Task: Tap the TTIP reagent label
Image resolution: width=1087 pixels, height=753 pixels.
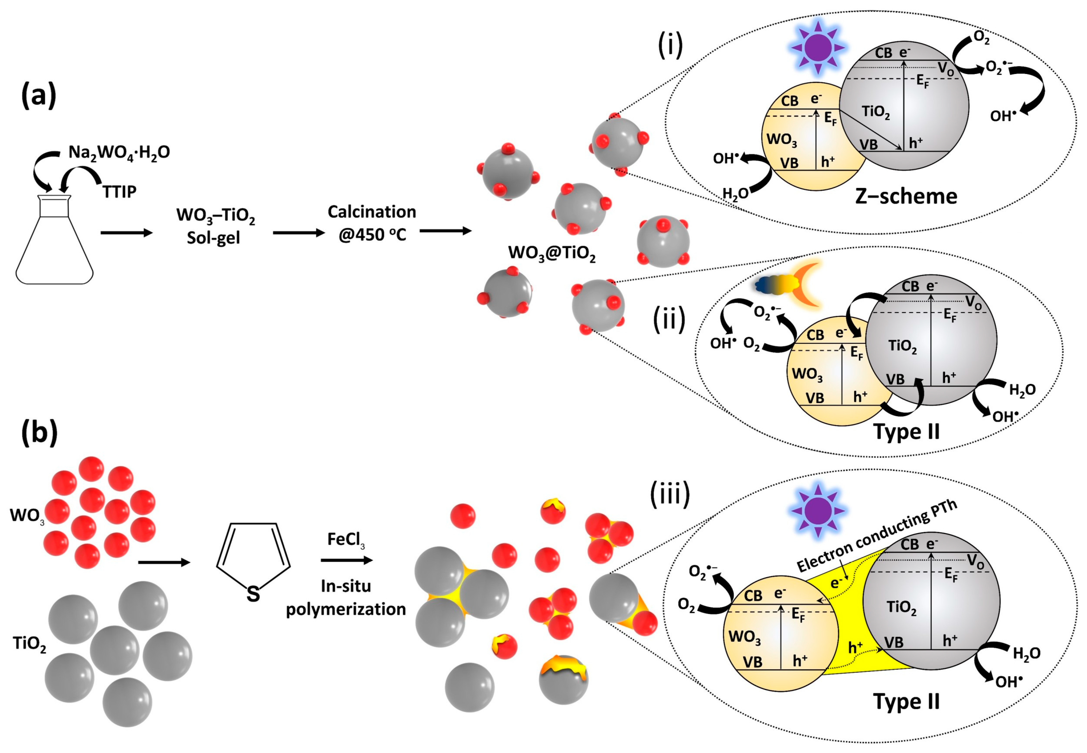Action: coord(120,192)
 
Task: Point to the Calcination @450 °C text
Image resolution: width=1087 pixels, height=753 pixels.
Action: coord(372,223)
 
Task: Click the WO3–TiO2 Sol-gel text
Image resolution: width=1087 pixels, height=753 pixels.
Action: coord(215,226)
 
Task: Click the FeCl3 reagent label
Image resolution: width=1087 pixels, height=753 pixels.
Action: coord(346,540)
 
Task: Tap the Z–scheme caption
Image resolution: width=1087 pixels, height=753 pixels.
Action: coord(906,196)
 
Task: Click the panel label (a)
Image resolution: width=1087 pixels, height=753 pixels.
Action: coord(39,96)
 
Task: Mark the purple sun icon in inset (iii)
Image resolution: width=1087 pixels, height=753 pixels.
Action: coord(819,511)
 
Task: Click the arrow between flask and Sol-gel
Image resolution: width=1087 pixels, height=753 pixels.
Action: coord(127,233)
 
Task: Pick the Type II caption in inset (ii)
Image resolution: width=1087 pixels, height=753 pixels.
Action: coord(906,431)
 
